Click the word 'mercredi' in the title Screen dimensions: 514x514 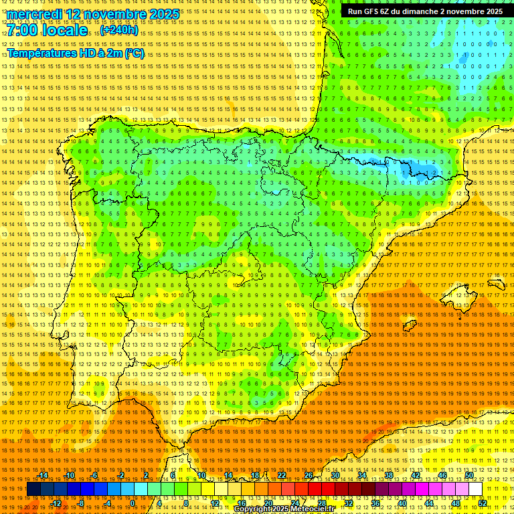(35, 14)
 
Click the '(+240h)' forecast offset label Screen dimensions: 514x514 (119, 30)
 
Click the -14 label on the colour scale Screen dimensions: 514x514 (44, 476)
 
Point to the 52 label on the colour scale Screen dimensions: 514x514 (482, 503)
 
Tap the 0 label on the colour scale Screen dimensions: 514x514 (133, 503)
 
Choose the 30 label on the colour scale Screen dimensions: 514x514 (335, 476)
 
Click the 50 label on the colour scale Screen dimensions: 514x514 (469, 476)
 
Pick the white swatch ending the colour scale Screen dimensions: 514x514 (475, 489)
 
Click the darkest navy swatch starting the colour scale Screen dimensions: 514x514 (33, 489)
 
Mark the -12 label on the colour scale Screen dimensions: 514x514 (56, 503)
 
